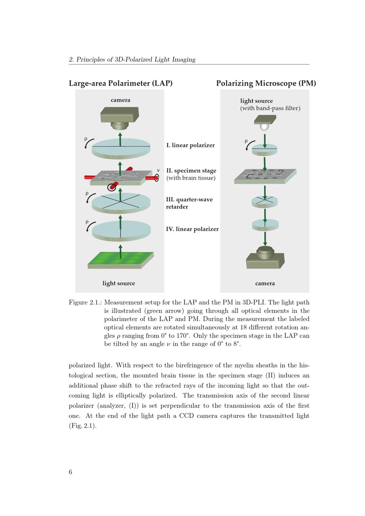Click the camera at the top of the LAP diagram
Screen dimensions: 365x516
coord(119,118)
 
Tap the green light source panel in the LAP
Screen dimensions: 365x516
coord(120,260)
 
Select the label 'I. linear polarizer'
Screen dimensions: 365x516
coord(190,145)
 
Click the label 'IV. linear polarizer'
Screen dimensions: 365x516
coord(192,229)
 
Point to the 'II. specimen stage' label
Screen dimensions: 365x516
coord(191,170)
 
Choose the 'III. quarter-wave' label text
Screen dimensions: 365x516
coord(189,200)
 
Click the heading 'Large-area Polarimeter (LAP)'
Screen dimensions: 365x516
coord(120,83)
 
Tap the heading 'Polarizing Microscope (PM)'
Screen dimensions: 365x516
coord(266,83)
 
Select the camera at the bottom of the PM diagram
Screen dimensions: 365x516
coord(265,258)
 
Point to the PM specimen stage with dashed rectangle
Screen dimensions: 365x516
coord(265,176)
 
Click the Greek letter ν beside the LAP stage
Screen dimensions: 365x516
coord(158,170)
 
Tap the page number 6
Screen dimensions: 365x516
coord(70,472)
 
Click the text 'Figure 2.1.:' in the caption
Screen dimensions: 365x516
coord(85,303)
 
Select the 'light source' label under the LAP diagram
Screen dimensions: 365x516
coord(119,283)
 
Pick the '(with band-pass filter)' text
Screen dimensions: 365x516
coord(270,108)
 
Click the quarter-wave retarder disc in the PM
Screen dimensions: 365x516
coord(265,202)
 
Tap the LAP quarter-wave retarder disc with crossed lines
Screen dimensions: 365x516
coord(121,203)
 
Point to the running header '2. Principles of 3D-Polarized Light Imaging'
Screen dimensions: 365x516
coord(132,59)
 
